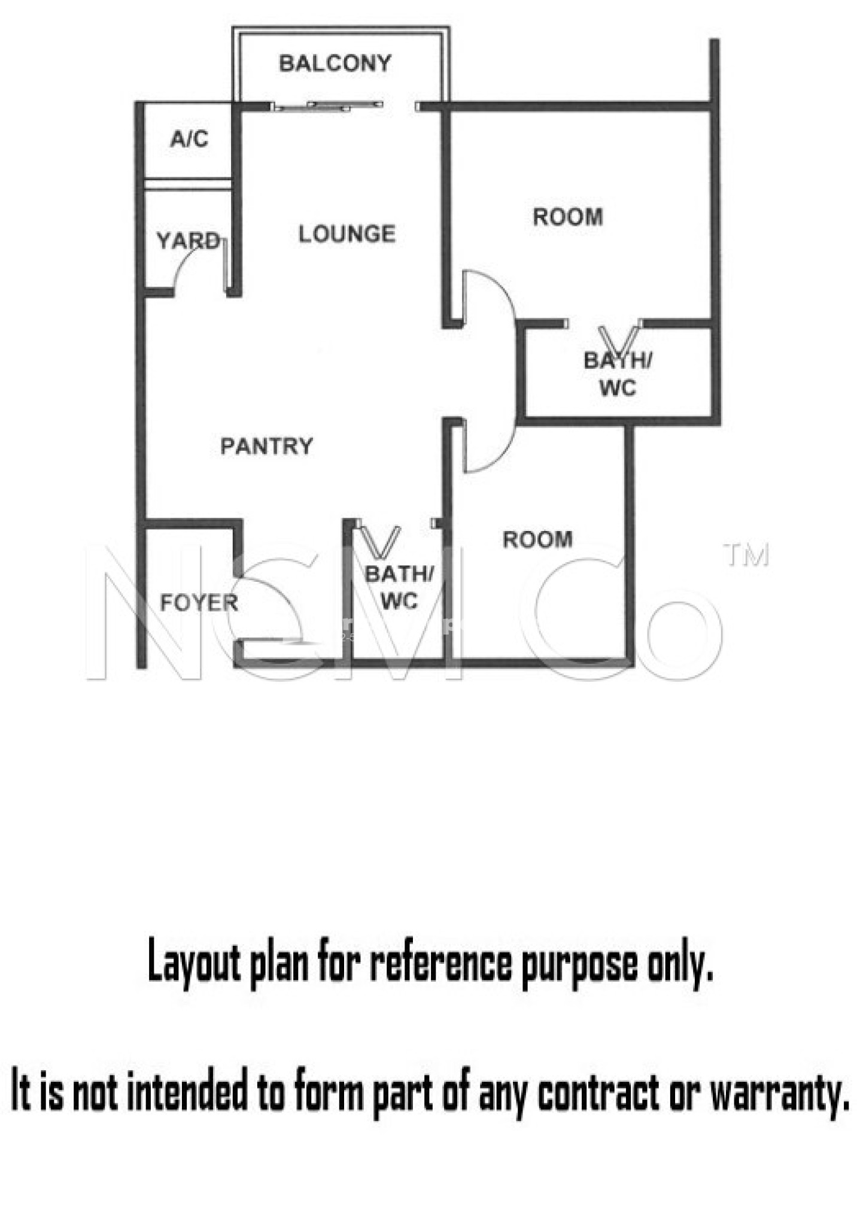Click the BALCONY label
pos(335,63)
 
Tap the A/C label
pos(189,139)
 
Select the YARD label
pos(189,241)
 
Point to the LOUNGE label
pos(347,233)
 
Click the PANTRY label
pos(267,446)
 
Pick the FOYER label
pos(199,602)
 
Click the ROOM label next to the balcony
pos(568,217)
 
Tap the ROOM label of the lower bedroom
pos(537,539)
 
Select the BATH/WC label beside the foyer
pos(399,587)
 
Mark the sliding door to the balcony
pos(327,106)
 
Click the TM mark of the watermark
pos(746,555)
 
